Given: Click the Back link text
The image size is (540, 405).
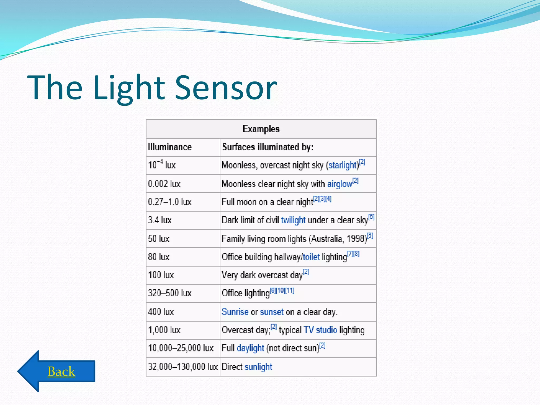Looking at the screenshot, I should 61,372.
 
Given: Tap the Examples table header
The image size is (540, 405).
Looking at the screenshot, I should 261,129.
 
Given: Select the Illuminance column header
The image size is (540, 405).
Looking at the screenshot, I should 170,147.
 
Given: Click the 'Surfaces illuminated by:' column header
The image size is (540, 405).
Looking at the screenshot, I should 268,147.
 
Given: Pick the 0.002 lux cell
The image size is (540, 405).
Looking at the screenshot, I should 164,184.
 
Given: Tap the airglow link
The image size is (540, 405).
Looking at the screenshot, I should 340,184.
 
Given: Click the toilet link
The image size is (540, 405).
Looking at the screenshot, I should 311,257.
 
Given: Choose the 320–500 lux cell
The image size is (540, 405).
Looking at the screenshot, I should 170,293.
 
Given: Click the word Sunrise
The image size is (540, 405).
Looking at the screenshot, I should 235,312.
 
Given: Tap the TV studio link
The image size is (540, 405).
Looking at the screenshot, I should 320,330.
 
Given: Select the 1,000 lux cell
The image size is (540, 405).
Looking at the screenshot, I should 164,330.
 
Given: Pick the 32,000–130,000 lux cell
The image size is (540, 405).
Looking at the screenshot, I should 183,367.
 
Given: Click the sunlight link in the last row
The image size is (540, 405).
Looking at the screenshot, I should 258,367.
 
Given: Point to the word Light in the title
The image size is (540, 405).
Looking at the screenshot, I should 129,88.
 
